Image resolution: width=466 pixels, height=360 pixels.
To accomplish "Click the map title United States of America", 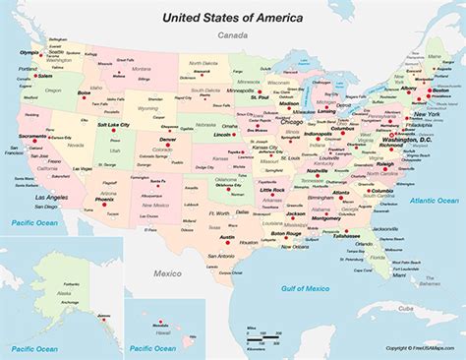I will [x=232, y=17].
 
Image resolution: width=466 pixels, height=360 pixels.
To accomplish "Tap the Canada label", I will [x=232, y=37].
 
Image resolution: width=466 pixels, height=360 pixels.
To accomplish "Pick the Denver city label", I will [x=168, y=140].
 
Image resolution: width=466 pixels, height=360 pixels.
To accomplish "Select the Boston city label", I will [x=440, y=90].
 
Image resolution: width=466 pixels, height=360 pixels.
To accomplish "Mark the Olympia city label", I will [x=29, y=51].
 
